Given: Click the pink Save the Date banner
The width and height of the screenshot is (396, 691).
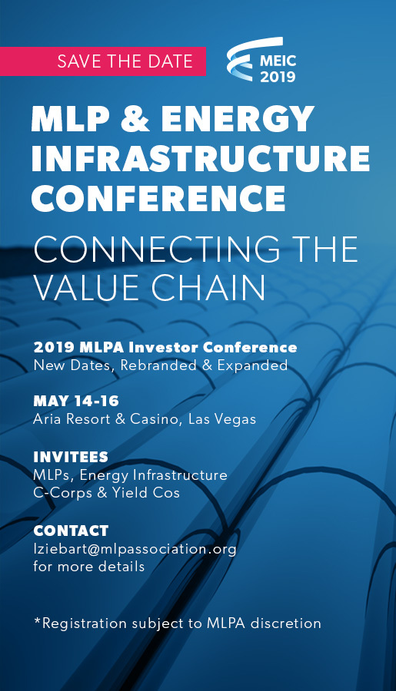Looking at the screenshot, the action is (103, 61).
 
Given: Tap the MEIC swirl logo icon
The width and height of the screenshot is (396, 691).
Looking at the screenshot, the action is (242, 58).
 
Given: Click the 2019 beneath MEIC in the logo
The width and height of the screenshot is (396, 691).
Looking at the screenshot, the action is (278, 77).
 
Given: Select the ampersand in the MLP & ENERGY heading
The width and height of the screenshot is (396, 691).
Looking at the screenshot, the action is (132, 119).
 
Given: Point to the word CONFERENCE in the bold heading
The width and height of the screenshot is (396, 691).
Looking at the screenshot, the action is (158, 197).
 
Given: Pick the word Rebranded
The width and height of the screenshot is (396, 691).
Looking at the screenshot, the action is (157, 365).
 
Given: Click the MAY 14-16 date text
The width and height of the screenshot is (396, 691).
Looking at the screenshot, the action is (76, 401).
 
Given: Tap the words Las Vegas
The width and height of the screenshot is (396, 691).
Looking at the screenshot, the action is (222, 419).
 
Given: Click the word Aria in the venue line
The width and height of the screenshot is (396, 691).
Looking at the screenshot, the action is (48, 419).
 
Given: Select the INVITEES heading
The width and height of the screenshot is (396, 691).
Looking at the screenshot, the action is (71, 457).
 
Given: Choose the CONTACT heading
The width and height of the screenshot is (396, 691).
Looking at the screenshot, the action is (71, 531).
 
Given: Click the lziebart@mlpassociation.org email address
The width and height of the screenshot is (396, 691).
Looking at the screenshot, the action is (135, 550).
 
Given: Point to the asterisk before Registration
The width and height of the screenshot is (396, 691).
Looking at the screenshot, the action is (38, 620).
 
